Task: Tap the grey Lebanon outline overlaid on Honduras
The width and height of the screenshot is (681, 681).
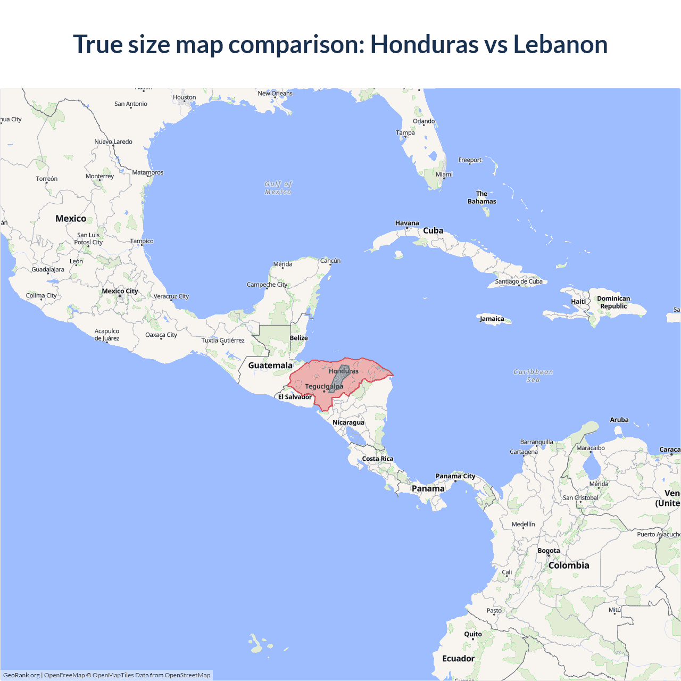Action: pos(339,378)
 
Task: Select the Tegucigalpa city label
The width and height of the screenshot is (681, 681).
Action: pos(324,386)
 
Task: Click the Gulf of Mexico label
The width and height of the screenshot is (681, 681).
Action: pos(278,188)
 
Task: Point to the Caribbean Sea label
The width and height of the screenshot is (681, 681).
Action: pos(533,376)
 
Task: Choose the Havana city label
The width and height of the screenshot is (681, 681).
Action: pos(407,223)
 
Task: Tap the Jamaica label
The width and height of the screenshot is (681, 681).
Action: pos(492,319)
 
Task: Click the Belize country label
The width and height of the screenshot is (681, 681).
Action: pos(298,338)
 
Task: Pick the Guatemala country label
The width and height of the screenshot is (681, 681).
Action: pos(270,365)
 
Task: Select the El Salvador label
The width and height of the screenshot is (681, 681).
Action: pos(295,397)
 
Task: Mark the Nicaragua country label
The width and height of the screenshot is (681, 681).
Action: pos(348,422)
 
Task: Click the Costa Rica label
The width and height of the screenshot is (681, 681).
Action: pos(378,459)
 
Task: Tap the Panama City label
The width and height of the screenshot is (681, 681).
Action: pos(455,476)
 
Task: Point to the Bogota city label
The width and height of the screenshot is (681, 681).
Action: pos(549,551)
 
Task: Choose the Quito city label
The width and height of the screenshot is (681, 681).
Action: pos(473,634)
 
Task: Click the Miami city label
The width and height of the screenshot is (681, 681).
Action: pos(444,175)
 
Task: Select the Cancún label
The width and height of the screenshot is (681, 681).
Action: pos(330,261)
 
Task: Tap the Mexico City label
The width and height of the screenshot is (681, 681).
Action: pos(120,291)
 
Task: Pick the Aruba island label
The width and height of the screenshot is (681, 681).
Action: pos(619,420)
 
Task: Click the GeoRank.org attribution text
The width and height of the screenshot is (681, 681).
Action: pos(21,675)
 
